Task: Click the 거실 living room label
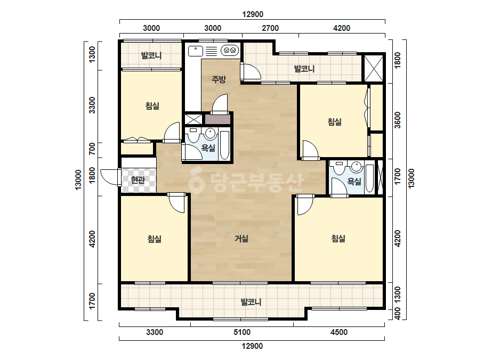(241, 239)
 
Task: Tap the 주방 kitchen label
(219, 79)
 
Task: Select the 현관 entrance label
(138, 180)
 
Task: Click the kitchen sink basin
(196, 51)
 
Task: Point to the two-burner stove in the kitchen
(230, 50)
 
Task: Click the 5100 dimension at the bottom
(242, 332)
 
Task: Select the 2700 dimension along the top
(270, 28)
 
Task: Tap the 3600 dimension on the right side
(398, 120)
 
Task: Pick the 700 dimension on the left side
(92, 149)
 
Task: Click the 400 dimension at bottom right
(398, 314)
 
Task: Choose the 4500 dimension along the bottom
(339, 332)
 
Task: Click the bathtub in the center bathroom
(224, 145)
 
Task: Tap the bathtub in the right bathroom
(369, 178)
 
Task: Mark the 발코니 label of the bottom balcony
(251, 302)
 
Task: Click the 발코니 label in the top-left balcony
(151, 55)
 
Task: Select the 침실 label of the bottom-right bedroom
(338, 239)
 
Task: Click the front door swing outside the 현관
(109, 177)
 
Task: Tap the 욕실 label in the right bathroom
(354, 181)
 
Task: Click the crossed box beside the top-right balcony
(373, 68)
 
